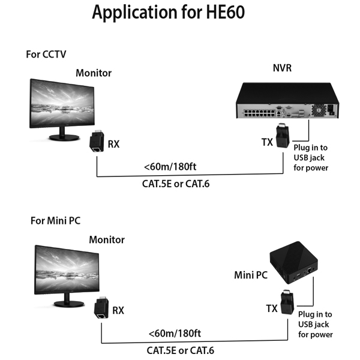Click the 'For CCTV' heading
coord(46,54)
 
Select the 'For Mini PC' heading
coord(56,220)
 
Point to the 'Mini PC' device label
coord(251,276)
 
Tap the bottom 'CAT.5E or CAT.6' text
coord(181,350)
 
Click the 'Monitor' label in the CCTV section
coord(94,73)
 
